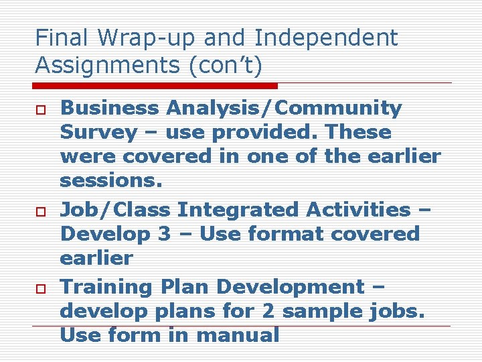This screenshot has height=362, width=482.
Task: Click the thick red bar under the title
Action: click(155, 86)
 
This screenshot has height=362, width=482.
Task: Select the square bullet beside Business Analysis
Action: click(40, 109)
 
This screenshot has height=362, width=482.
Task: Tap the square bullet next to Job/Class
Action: click(40, 210)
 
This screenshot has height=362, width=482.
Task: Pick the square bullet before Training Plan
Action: click(40, 288)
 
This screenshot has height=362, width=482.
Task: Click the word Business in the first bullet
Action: click(110, 108)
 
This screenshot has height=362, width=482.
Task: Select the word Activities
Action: click(358, 210)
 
